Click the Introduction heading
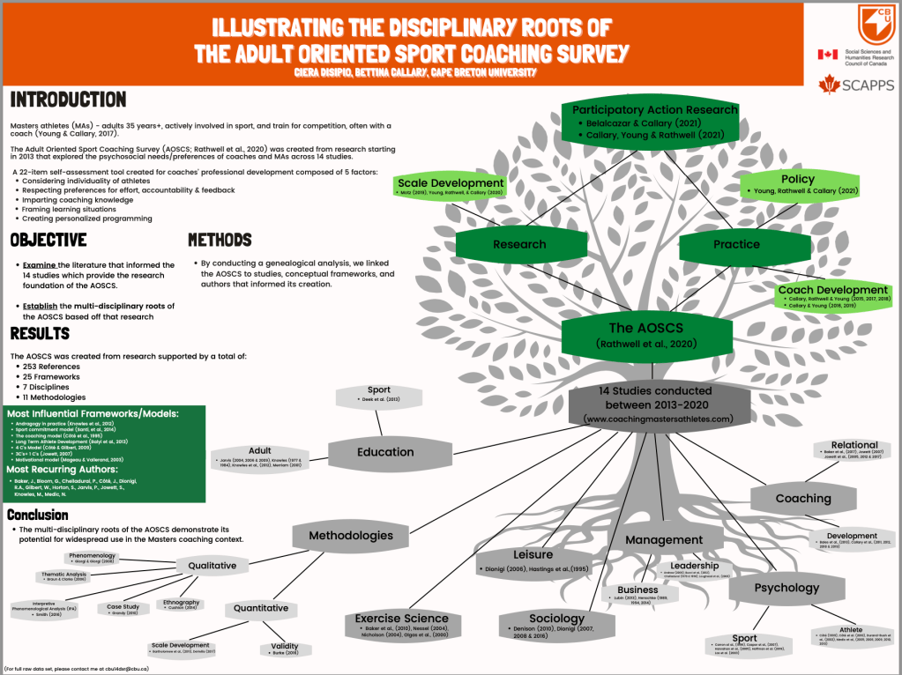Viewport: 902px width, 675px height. point(68,100)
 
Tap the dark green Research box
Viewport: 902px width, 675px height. point(519,244)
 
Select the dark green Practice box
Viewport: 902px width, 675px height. point(736,244)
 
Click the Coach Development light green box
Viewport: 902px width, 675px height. point(832,295)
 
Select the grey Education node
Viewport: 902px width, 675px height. point(384,452)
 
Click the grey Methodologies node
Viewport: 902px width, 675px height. point(351,535)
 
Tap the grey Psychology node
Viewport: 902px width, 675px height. point(786,588)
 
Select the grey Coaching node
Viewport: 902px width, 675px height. point(802,499)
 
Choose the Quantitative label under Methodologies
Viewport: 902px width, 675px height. point(261,608)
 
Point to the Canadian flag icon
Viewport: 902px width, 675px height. point(828,55)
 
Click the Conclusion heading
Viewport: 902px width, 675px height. point(38,515)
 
